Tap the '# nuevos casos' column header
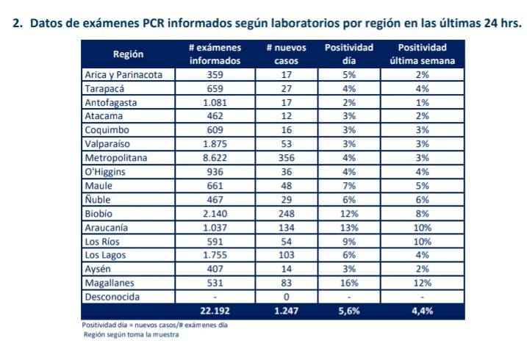click(286, 54)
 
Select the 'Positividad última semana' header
click(423, 54)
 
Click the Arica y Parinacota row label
click(129, 74)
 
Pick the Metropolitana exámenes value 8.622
click(215, 158)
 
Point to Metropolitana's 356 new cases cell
click(286, 158)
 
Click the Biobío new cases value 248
click(286, 214)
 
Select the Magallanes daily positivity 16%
click(349, 284)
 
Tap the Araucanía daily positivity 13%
click(349, 228)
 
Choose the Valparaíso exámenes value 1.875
click(215, 144)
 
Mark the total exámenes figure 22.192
click(215, 312)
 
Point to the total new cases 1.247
click(286, 312)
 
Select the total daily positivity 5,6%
click(349, 312)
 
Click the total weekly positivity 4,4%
click(423, 312)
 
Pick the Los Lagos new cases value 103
click(286, 256)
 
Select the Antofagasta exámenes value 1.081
click(215, 102)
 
